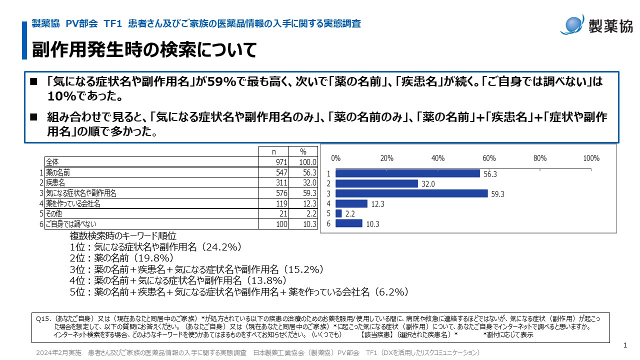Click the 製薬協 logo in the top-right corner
[x=596, y=24]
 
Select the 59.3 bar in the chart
[x=411, y=193]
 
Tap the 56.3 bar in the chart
[x=407, y=173]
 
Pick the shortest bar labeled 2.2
[x=338, y=213]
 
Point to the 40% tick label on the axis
[x=438, y=158]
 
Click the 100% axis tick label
[x=591, y=158]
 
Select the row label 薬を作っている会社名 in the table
[x=73, y=203]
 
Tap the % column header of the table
[x=303, y=151]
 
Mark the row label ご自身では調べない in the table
[x=70, y=224]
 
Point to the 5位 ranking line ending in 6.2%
[x=239, y=291]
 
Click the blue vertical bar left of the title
[x=24, y=40]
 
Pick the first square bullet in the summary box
[x=34, y=81]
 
